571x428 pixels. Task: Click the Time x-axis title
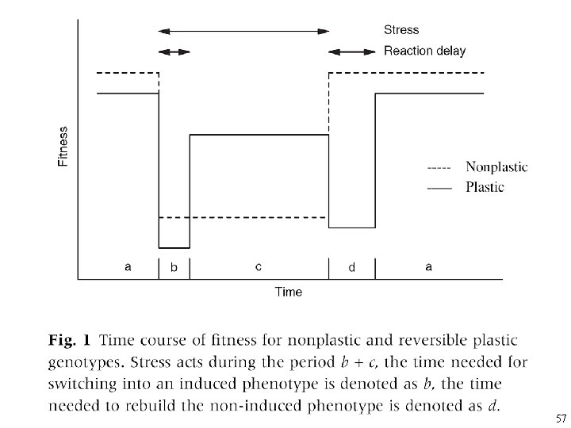click(x=289, y=292)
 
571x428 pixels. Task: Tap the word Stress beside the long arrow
click(x=401, y=30)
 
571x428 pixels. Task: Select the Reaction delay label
click(x=425, y=52)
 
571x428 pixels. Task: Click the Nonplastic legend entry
click(x=496, y=167)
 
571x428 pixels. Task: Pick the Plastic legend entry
click(x=485, y=187)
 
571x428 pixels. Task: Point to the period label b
click(x=174, y=268)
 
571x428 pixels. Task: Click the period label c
click(x=259, y=267)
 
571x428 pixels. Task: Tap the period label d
click(x=352, y=268)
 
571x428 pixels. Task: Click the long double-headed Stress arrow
click(x=244, y=31)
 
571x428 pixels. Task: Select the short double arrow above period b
click(x=174, y=52)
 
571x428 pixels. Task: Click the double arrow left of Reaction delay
click(x=352, y=52)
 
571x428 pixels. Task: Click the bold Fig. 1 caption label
click(x=70, y=342)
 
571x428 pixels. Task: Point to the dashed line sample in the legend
click(x=439, y=168)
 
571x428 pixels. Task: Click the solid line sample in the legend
click(x=439, y=188)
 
